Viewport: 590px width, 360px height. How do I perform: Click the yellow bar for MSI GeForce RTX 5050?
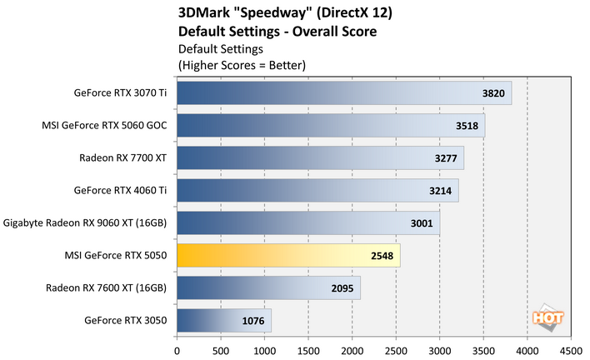coord(287,256)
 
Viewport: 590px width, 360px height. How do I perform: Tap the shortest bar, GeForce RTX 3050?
coord(223,320)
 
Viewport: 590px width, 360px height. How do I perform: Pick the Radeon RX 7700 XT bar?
coord(320,158)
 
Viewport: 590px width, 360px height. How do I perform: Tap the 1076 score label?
coord(253,320)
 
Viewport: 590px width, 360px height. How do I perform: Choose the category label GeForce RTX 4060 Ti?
coord(121,191)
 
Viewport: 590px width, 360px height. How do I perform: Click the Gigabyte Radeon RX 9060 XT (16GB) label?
coord(86,223)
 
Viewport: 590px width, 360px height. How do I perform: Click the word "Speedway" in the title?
coord(262,13)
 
